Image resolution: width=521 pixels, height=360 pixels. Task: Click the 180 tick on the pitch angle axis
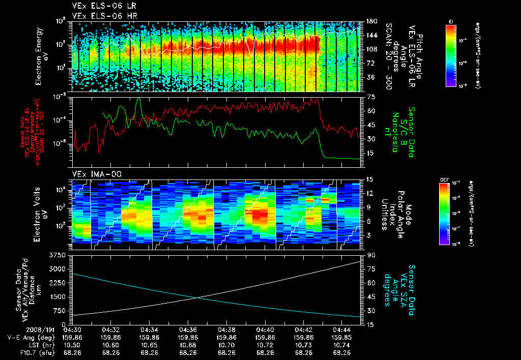pos(371,21)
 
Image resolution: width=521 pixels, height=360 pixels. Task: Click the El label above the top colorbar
pos(451,21)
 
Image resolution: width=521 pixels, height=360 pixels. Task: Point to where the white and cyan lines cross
pos(197,297)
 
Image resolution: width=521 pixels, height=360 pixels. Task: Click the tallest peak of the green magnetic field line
pos(138,99)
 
